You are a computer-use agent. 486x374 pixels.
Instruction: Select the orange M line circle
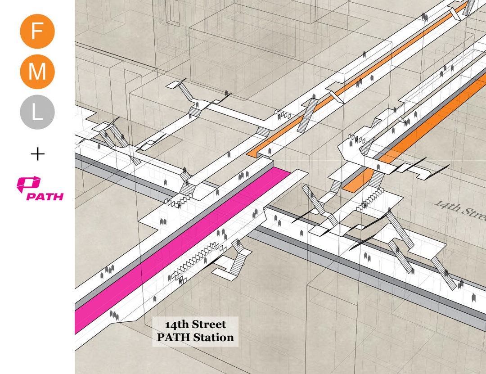pos(37,72)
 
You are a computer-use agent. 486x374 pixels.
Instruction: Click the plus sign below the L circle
pos(38,155)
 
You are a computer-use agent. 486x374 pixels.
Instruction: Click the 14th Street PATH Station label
pos(195,331)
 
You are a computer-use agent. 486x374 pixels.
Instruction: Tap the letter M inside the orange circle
pos(37,72)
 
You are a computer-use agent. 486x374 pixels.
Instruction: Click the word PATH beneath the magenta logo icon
pos(45,196)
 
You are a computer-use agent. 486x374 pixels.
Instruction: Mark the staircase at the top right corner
pos(468,7)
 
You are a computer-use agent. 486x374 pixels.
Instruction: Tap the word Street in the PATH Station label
pos(209,324)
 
